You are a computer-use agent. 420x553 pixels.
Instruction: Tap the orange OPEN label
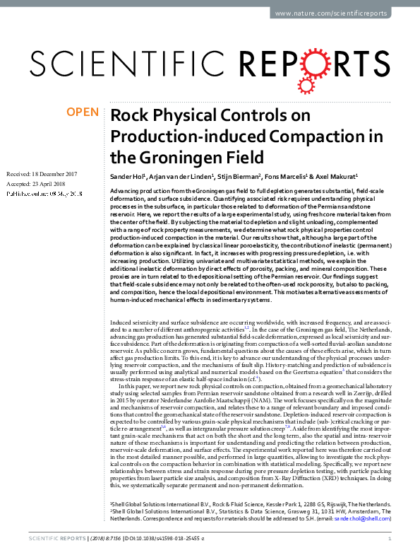coord(82,112)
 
